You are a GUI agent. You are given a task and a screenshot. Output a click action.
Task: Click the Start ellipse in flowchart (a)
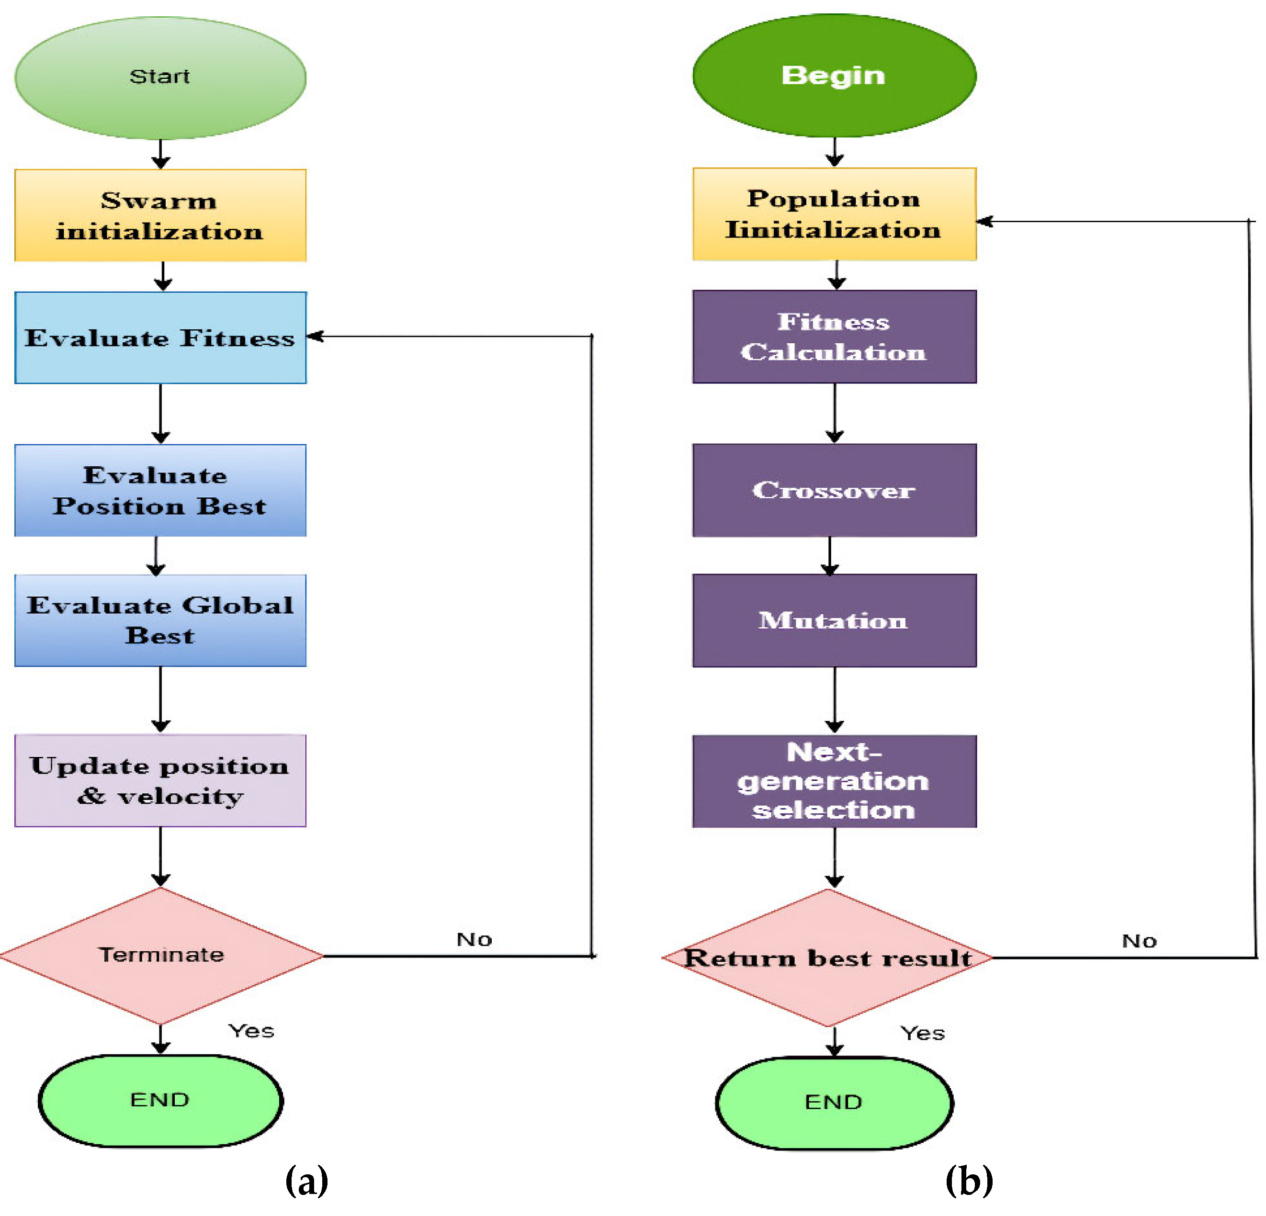pyautogui.click(x=160, y=78)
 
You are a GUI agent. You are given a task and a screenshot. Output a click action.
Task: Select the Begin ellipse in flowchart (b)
pyautogui.click(x=834, y=76)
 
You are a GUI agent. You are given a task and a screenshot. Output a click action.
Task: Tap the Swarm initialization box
pyautogui.click(x=160, y=215)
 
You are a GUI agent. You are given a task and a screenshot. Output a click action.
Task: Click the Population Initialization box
pyautogui.click(x=834, y=214)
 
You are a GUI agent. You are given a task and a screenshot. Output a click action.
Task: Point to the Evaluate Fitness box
pyautogui.click(x=160, y=337)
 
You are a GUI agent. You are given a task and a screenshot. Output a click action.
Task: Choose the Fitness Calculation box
pyautogui.click(x=834, y=337)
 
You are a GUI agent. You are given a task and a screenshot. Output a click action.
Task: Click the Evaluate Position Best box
pyautogui.click(x=160, y=490)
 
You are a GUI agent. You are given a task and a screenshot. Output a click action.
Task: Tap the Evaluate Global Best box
pyautogui.click(x=160, y=620)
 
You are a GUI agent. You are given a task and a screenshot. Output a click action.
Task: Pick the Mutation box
pyautogui.click(x=834, y=620)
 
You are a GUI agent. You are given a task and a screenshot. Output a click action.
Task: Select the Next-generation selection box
pyautogui.click(x=834, y=781)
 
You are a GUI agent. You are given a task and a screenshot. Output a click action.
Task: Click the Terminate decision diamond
pyautogui.click(x=160, y=955)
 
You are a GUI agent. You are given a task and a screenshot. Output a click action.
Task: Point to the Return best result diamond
pyautogui.click(x=827, y=957)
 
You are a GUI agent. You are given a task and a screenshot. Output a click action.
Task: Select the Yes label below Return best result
pyautogui.click(x=922, y=1033)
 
